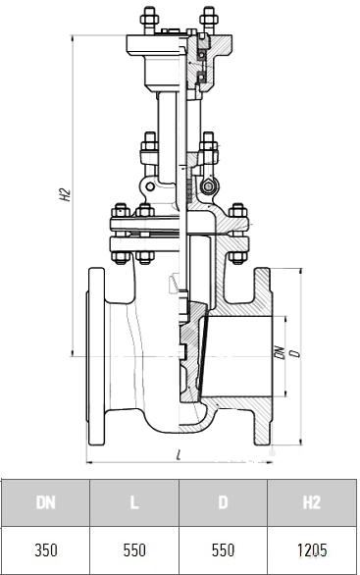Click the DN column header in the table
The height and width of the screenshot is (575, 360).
[x=46, y=502]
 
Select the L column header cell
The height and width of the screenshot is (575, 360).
[x=134, y=502]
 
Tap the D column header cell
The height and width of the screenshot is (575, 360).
[x=223, y=502]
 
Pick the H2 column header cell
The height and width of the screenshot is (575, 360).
[x=312, y=502]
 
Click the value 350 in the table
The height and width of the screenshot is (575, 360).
[x=46, y=550]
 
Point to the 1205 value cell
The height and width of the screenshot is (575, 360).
[x=312, y=550]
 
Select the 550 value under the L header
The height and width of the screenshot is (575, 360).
[x=134, y=550]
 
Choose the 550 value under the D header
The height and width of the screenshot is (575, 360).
[x=223, y=550]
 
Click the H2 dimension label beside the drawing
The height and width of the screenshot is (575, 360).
[x=65, y=194]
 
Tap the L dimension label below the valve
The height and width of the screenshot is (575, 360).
[x=179, y=456]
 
